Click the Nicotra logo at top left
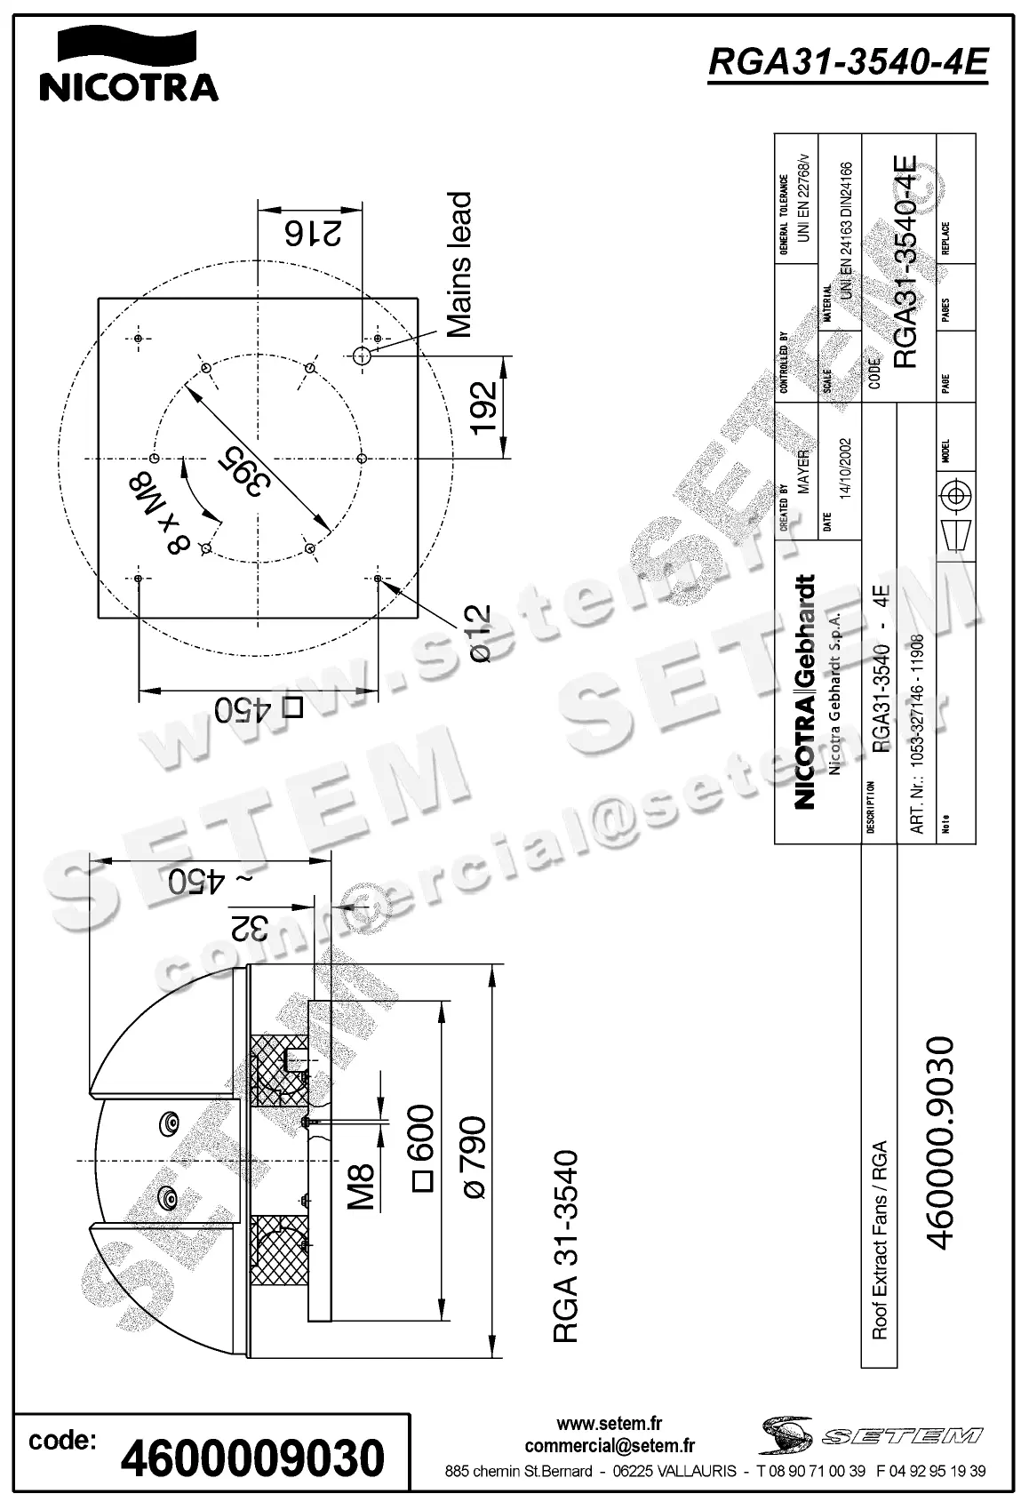tap(129, 65)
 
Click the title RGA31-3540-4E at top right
tap(848, 62)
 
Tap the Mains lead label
tap(459, 264)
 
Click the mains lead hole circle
tap(362, 356)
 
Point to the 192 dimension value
tap(483, 408)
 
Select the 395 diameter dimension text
tap(240, 471)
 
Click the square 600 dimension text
tap(422, 1146)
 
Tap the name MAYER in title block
tap(803, 472)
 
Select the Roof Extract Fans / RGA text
tap(880, 1240)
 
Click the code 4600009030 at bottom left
tap(252, 1458)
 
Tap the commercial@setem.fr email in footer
tap(610, 1446)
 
